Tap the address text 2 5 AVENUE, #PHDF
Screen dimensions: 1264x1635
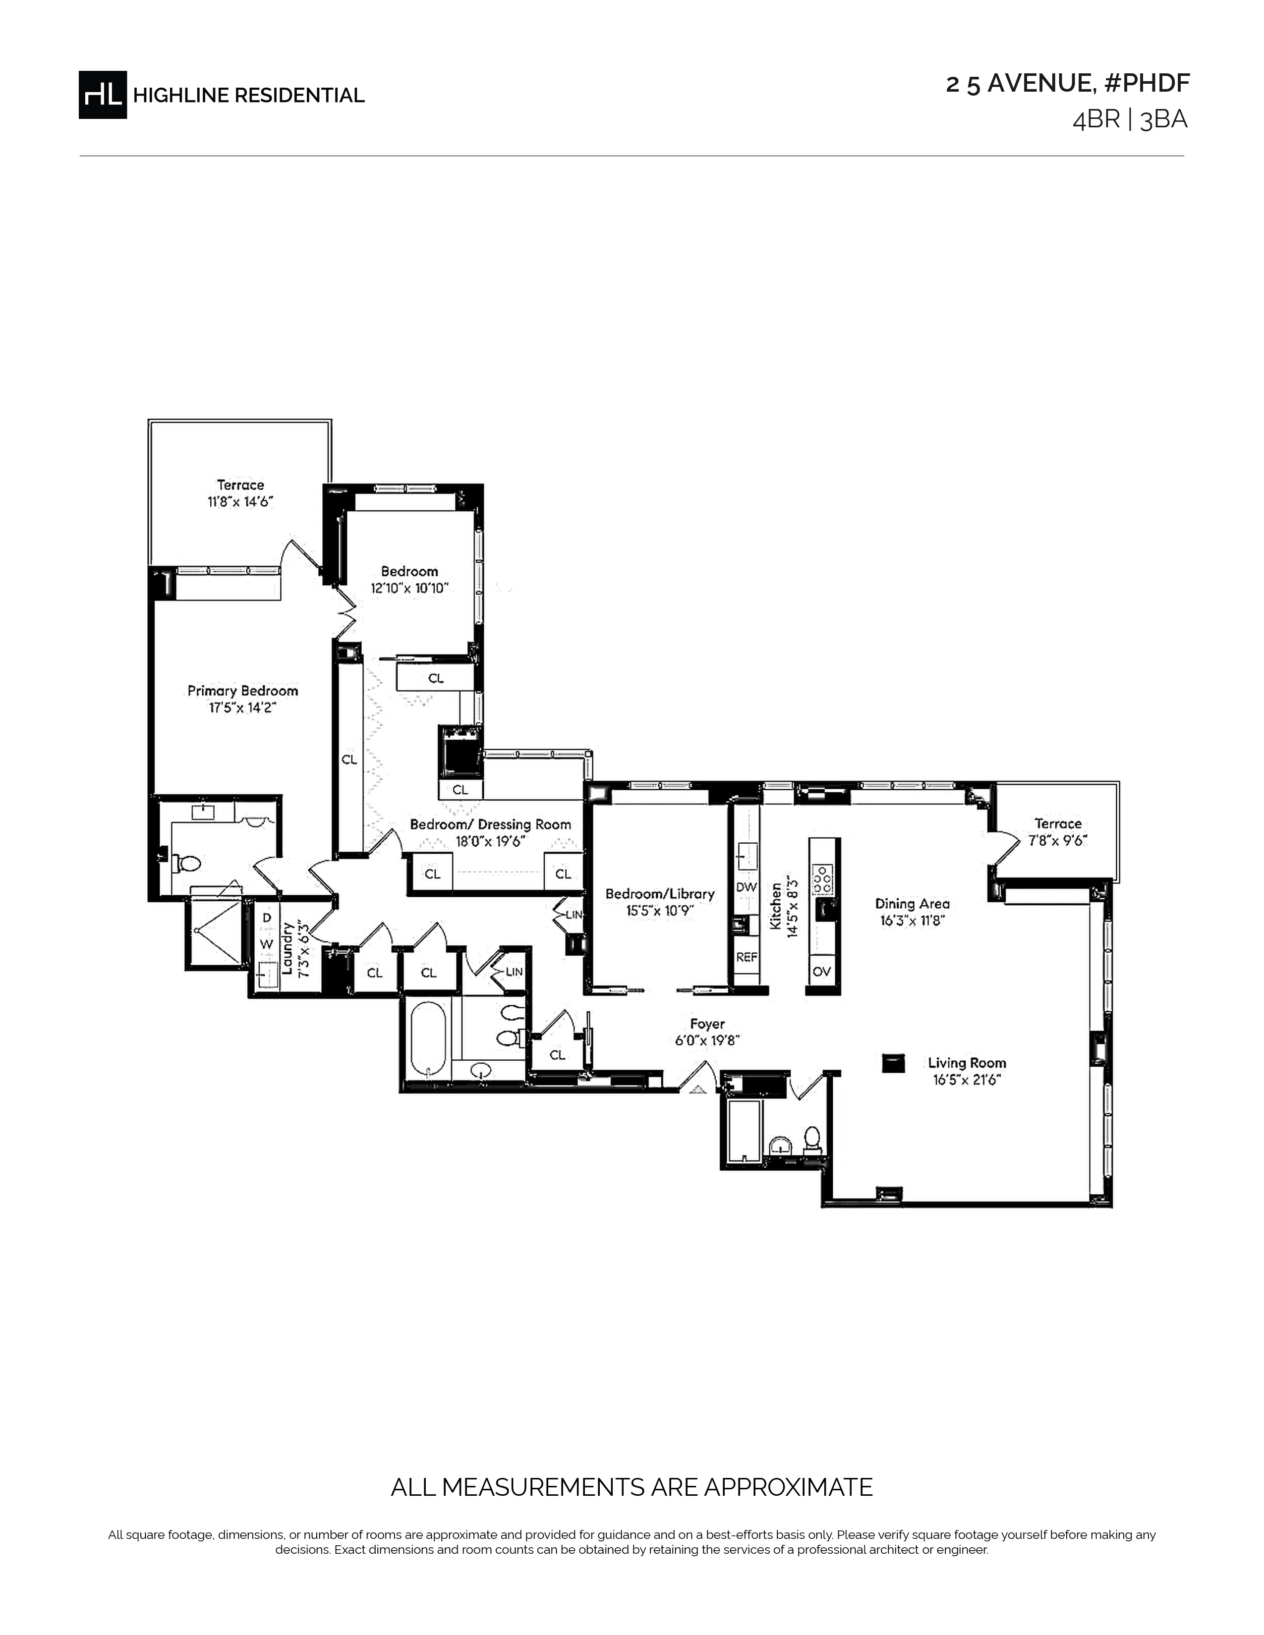coord(1067,84)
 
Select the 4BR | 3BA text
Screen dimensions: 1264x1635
coord(1130,120)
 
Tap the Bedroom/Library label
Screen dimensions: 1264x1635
coord(660,894)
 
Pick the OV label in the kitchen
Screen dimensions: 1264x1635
coord(821,972)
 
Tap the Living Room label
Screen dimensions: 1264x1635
coord(967,1062)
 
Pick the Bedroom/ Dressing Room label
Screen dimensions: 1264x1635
coord(490,824)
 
